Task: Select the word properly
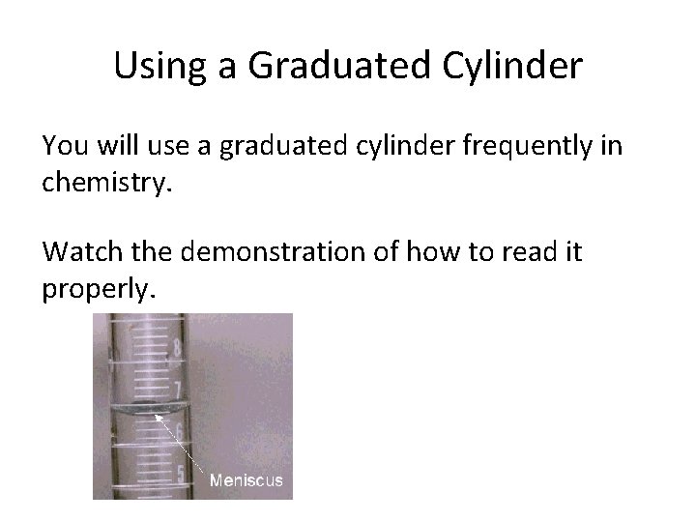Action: (x=97, y=289)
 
